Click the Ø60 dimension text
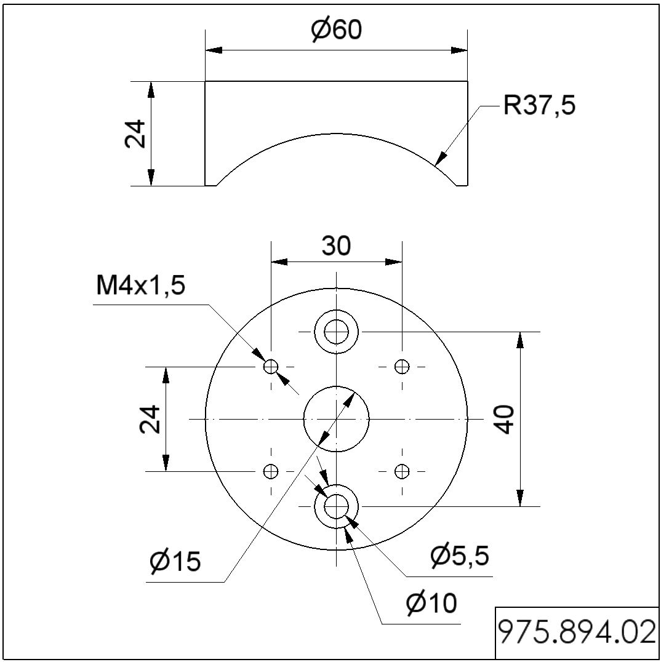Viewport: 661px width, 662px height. click(336, 30)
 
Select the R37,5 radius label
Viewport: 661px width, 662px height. click(539, 106)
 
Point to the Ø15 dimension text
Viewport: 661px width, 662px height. click(175, 561)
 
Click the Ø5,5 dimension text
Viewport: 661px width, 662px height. click(460, 556)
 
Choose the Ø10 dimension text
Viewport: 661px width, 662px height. click(431, 604)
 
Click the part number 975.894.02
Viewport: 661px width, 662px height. click(577, 633)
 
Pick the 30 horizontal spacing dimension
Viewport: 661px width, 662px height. click(336, 246)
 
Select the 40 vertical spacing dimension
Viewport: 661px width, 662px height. click(505, 419)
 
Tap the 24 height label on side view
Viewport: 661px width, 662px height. click(136, 133)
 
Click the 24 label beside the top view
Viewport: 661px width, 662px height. click(150, 419)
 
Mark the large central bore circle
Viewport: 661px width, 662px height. click(336, 419)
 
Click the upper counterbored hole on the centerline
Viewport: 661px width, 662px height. click(336, 332)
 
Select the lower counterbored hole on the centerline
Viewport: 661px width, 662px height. click(336, 506)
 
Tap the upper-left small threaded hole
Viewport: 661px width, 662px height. click(271, 367)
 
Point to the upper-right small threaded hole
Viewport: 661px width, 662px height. click(402, 367)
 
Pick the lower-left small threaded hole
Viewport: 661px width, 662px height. click(271, 471)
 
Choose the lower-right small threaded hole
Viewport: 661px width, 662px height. click(402, 471)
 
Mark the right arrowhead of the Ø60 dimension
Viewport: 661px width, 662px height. click(459, 50)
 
